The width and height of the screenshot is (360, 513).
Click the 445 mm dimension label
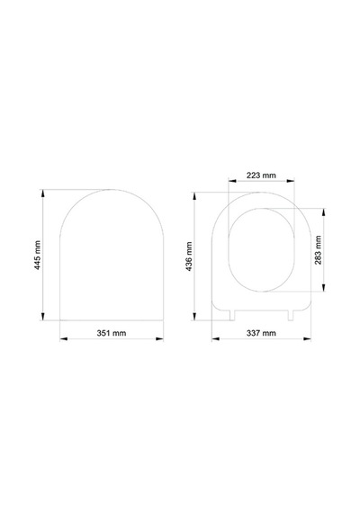[38, 256]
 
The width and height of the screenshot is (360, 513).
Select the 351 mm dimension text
[112, 333]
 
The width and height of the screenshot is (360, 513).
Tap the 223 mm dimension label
[261, 175]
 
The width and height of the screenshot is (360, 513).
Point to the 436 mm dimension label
[189, 256]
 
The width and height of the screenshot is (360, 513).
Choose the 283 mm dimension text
[318, 250]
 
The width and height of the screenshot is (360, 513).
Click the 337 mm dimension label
[261, 333]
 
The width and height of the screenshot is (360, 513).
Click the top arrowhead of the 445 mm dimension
[42, 193]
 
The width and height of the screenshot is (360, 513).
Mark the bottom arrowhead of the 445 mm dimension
[42, 317]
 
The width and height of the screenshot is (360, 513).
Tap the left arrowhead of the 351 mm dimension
[64, 338]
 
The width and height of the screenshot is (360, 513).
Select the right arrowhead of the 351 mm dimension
[159, 338]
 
